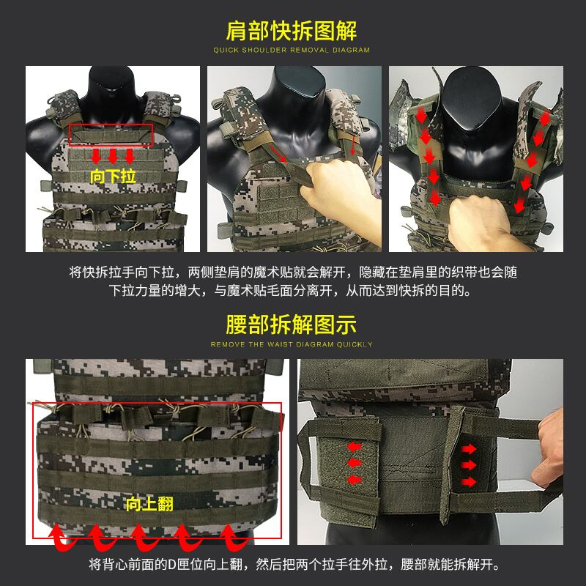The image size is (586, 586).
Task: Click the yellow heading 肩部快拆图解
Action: pyautogui.click(x=292, y=31)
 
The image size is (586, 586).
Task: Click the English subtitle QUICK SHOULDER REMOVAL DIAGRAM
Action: pyautogui.click(x=292, y=50)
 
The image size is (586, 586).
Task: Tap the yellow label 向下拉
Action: pyautogui.click(x=113, y=177)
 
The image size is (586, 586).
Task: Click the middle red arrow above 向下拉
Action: pyautogui.click(x=113, y=156)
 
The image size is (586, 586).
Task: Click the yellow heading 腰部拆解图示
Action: pyautogui.click(x=292, y=324)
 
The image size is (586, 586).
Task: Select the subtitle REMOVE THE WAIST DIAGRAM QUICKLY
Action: pyautogui.click(x=292, y=344)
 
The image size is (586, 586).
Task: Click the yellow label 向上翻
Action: pyautogui.click(x=149, y=504)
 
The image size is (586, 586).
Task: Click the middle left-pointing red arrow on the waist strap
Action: pyautogui.click(x=355, y=463)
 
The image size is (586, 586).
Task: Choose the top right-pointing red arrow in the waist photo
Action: pyautogui.click(x=469, y=449)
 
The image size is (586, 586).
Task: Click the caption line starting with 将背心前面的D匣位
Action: pyautogui.click(x=294, y=564)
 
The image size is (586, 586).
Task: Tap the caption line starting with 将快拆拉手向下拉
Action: pyautogui.click(x=293, y=272)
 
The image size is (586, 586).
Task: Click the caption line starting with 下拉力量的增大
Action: pyautogui.click(x=290, y=290)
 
